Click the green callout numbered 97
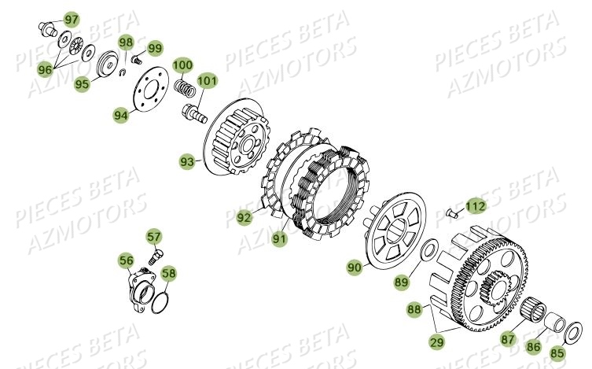coord(72,19)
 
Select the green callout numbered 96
coord(45,69)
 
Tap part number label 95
coord(81,83)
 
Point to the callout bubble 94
coord(120,115)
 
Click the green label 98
coord(126,42)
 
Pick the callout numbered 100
coord(182,65)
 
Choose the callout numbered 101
coord(207,80)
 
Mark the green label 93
coord(187,162)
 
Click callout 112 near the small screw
coord(496,206)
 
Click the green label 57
coord(153,235)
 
